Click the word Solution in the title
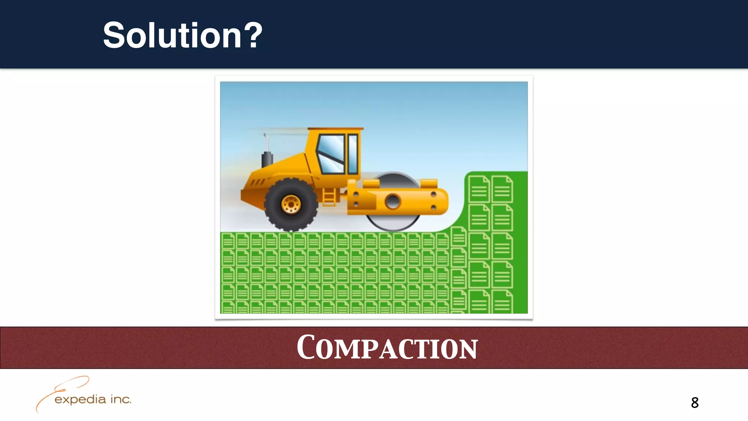coord(172,35)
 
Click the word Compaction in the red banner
coord(387,348)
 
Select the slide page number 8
coord(695,403)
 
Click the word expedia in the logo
coord(80,400)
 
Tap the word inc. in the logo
coord(121,399)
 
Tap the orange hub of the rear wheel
coord(291,204)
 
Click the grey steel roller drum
coord(393,223)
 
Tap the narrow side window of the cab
coord(353,153)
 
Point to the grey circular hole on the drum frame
coord(393,201)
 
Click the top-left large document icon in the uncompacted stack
coord(479,189)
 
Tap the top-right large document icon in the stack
coord(502,189)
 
